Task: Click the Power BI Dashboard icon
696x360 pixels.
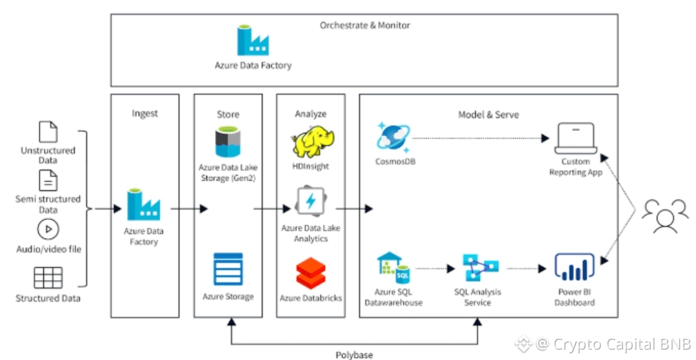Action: click(574, 268)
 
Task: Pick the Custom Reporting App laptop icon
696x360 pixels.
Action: click(574, 139)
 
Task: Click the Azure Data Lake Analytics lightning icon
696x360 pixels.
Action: click(310, 202)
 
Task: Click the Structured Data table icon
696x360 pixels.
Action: click(48, 277)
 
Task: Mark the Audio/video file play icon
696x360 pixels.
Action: click(48, 229)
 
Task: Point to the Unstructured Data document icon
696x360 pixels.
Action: click(48, 132)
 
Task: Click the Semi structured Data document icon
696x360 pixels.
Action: click(48, 180)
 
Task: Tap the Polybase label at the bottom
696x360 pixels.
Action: click(353, 354)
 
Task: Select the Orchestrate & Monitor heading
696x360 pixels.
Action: click(364, 25)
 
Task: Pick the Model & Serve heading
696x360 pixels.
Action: click(488, 114)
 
